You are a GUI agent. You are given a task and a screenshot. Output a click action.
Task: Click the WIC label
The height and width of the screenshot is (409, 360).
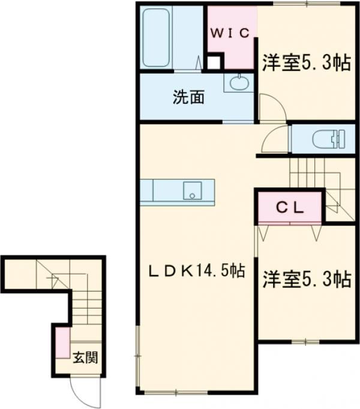click(230, 33)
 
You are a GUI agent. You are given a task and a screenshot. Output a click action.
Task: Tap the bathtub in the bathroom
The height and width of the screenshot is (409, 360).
click(156, 38)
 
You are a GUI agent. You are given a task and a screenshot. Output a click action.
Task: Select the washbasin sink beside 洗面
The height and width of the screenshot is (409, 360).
click(239, 82)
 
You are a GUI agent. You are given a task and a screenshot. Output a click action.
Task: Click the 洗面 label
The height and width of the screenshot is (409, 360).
click(188, 97)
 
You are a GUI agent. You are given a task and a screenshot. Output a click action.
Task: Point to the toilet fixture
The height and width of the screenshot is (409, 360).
click(329, 139)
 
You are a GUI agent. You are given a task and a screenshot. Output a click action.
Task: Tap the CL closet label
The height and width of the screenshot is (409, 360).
click(290, 208)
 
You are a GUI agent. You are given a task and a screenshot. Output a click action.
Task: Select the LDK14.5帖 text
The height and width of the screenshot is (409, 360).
click(197, 271)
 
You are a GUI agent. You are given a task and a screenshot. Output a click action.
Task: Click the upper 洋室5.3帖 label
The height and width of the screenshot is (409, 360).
click(307, 62)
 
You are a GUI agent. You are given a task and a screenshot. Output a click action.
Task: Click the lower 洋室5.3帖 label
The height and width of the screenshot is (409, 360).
click(307, 279)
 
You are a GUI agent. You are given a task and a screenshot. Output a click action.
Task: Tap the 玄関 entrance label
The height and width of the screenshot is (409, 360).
click(85, 357)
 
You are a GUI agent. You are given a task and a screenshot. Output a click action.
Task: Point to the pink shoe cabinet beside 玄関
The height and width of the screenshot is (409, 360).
click(63, 342)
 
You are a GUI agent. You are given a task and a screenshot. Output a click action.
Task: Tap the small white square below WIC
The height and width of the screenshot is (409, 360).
click(213, 62)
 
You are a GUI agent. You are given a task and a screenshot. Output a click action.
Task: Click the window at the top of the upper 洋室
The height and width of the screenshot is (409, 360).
click(307, 4)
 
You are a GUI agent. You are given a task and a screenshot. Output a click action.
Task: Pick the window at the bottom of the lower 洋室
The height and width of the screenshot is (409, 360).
click(305, 341)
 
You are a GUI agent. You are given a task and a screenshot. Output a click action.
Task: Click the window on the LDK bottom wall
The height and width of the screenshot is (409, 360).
click(176, 392)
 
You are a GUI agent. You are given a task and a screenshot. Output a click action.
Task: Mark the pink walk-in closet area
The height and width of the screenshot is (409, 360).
click(230, 37)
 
